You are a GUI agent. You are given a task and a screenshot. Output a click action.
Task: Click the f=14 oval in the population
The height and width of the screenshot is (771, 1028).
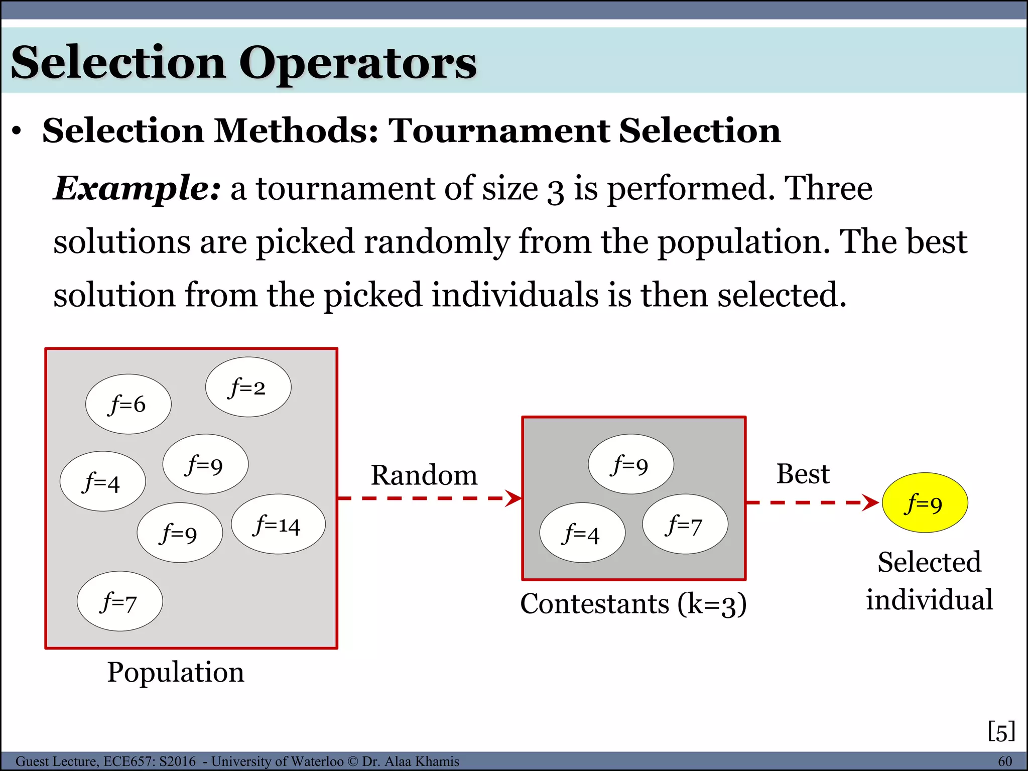(278, 525)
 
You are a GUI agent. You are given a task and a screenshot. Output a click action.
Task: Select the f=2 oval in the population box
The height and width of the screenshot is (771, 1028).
(248, 387)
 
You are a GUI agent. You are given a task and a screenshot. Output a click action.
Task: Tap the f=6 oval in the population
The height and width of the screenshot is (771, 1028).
(128, 404)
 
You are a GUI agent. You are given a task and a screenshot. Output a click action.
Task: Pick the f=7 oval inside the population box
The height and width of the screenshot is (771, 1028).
(120, 601)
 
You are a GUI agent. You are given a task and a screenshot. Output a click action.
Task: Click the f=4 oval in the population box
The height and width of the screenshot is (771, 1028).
(103, 481)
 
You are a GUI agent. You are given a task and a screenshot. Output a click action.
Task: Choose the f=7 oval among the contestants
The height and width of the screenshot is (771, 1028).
(685, 525)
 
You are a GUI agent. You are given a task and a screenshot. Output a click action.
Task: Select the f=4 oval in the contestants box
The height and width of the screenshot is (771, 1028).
(582, 533)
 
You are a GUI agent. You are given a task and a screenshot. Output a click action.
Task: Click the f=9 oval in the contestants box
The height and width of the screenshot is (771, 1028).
(631, 464)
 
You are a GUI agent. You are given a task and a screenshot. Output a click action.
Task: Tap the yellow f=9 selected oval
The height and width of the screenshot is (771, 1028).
(925, 503)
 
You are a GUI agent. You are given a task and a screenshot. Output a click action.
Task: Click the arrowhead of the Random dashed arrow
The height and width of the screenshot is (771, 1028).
(514, 498)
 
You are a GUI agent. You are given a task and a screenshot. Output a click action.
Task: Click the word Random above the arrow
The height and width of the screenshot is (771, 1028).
(424, 475)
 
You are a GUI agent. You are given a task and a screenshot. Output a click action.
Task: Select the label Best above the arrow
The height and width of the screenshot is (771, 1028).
(803, 473)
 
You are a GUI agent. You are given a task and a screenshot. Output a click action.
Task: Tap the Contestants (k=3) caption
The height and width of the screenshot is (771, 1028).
(633, 603)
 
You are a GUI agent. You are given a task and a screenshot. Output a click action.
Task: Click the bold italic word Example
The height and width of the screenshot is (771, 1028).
(137, 188)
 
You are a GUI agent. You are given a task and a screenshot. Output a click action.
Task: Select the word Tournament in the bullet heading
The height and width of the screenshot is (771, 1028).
(499, 131)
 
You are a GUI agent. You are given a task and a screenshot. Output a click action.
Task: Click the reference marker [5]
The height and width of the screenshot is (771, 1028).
(1001, 731)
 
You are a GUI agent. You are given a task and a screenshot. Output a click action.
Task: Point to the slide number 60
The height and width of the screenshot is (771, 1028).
(1004, 761)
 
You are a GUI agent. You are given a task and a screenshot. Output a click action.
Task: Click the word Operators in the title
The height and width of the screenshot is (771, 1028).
(357, 63)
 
